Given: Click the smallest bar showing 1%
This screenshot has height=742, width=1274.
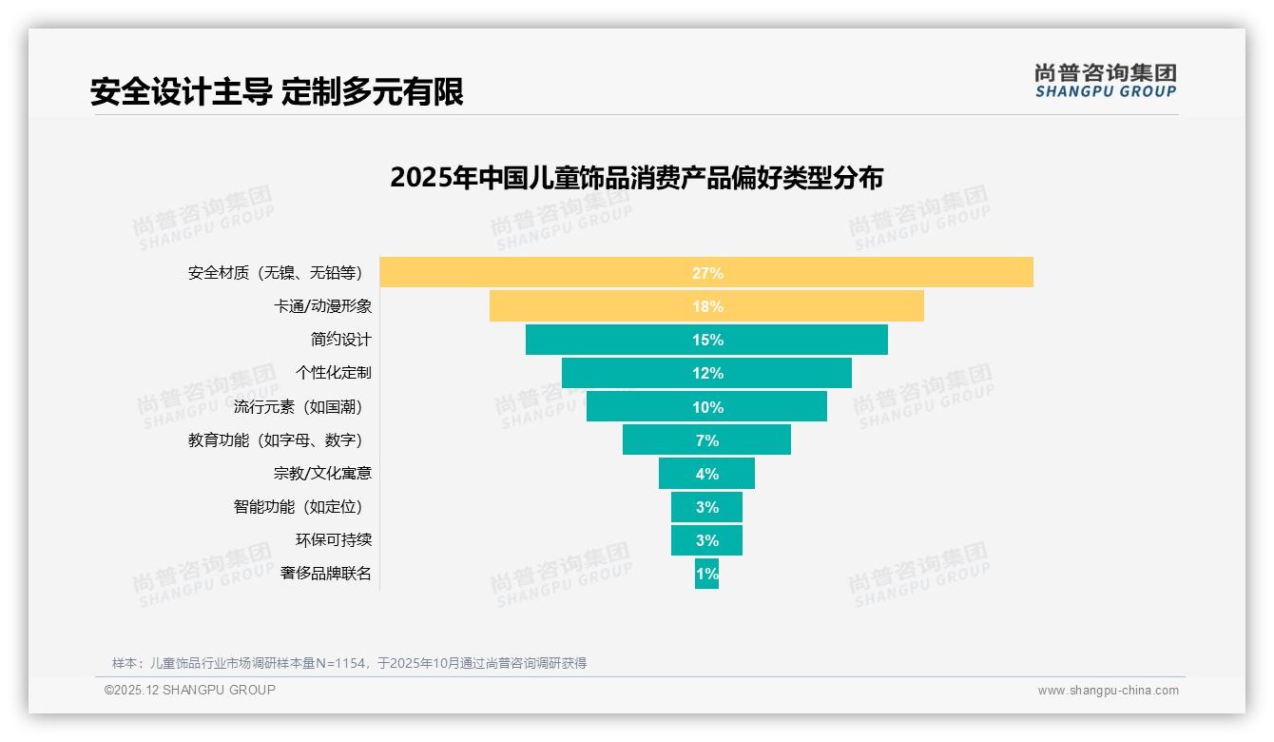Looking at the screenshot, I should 706,574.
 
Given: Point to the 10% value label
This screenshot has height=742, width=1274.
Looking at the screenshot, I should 707,407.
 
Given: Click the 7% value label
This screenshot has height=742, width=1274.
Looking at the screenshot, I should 707,440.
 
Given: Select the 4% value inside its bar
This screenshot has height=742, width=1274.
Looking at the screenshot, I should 707,474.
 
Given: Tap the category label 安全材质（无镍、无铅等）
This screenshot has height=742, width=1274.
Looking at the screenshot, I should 276,273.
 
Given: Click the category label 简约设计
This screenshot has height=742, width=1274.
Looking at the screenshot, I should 340,340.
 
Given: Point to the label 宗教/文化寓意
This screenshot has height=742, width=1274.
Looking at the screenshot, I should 322,473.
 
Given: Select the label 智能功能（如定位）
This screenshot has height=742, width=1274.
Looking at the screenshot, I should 299,507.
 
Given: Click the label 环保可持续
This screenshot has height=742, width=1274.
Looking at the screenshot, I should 333,539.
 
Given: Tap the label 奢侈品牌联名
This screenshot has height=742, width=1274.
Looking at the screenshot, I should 325,574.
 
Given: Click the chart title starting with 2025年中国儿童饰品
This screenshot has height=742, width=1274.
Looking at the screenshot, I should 636,178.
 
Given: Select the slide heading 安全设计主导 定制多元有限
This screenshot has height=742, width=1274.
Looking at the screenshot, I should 277,92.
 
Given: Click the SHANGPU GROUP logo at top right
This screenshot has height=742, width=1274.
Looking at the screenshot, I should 1105,81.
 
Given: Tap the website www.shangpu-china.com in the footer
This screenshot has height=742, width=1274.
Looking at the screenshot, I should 1108,691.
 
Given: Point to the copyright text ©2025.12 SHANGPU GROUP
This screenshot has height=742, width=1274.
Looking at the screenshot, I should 190,690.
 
